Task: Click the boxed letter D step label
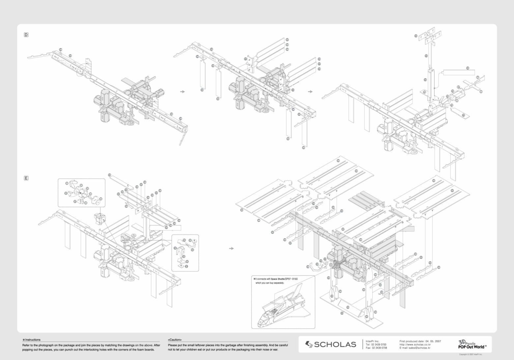tap(26, 35)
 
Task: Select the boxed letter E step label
tap(26, 178)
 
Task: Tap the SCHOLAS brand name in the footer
tap(335, 345)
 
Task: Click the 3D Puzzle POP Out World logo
tap(472, 345)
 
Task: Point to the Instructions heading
tap(32, 340)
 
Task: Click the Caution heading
tap(175, 340)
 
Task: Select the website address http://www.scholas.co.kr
tap(415, 345)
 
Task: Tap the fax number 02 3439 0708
tap(380, 348)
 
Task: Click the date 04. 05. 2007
tap(433, 341)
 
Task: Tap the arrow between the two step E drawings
tap(231, 248)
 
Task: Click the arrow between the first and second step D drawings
tap(183, 92)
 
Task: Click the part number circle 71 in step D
tap(463, 115)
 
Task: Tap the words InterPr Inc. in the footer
tap(372, 341)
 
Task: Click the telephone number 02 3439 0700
tap(380, 345)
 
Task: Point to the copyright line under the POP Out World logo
tap(471, 354)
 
